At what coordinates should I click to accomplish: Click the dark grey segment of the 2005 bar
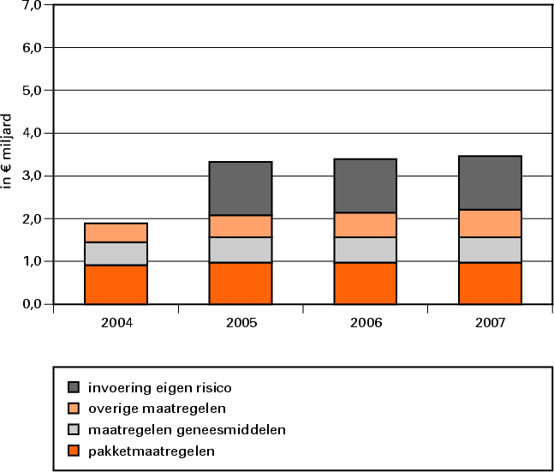click(x=241, y=188)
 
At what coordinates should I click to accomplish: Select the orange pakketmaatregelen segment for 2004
click(x=116, y=284)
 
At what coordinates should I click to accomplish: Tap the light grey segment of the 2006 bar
click(x=366, y=249)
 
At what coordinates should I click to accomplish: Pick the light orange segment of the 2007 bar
click(x=491, y=223)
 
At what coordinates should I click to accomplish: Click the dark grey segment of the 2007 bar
click(x=491, y=182)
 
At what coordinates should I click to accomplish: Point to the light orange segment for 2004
click(x=116, y=232)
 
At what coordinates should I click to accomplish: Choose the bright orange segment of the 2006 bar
click(x=366, y=283)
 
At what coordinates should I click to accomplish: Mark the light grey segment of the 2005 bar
click(x=241, y=249)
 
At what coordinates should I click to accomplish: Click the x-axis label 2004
click(x=116, y=324)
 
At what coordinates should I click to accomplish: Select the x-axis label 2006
click(x=366, y=324)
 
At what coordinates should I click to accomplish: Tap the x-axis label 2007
click(x=491, y=324)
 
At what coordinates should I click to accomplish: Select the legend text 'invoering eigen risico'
click(x=160, y=388)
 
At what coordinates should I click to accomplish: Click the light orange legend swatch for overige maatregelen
click(x=74, y=409)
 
